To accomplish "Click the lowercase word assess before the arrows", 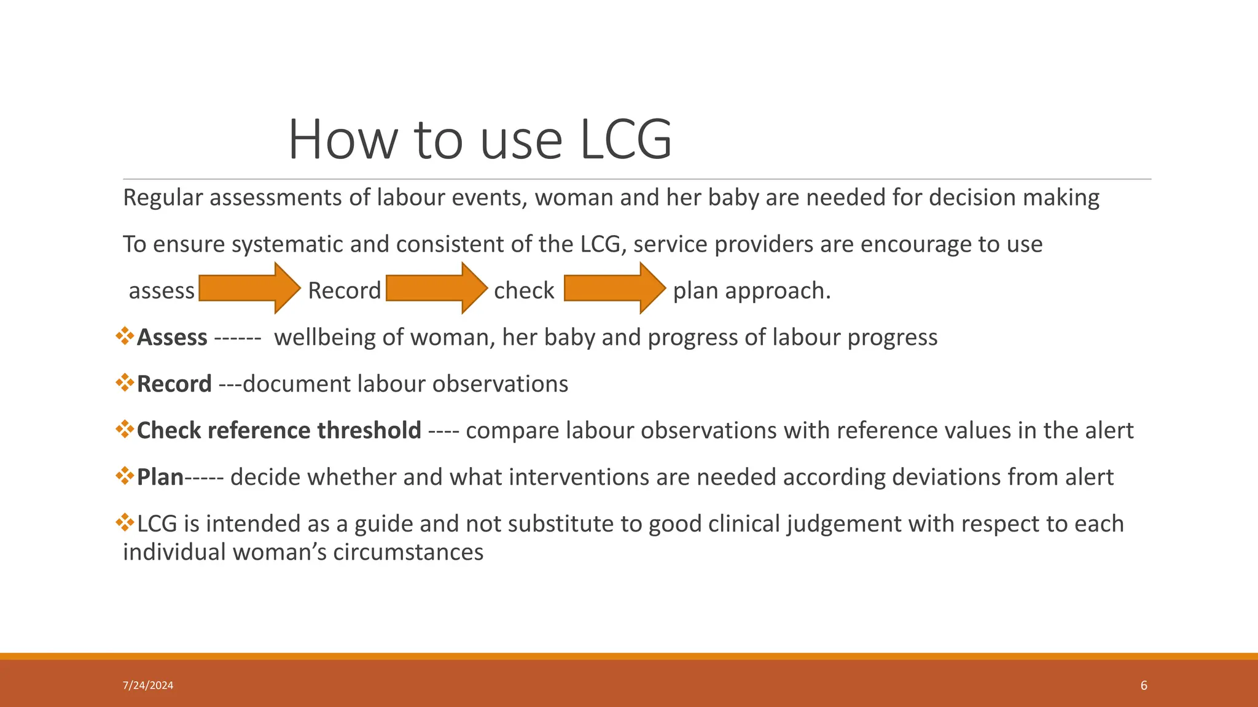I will [x=162, y=291].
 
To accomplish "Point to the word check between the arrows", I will [x=523, y=291].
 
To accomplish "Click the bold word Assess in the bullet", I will [x=172, y=338].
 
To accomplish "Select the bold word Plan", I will [x=160, y=477].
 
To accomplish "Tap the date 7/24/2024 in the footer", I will [x=148, y=686].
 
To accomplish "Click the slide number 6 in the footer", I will [x=1144, y=686].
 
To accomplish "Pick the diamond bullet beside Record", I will [x=125, y=383].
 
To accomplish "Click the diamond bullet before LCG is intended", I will [x=125, y=523].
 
